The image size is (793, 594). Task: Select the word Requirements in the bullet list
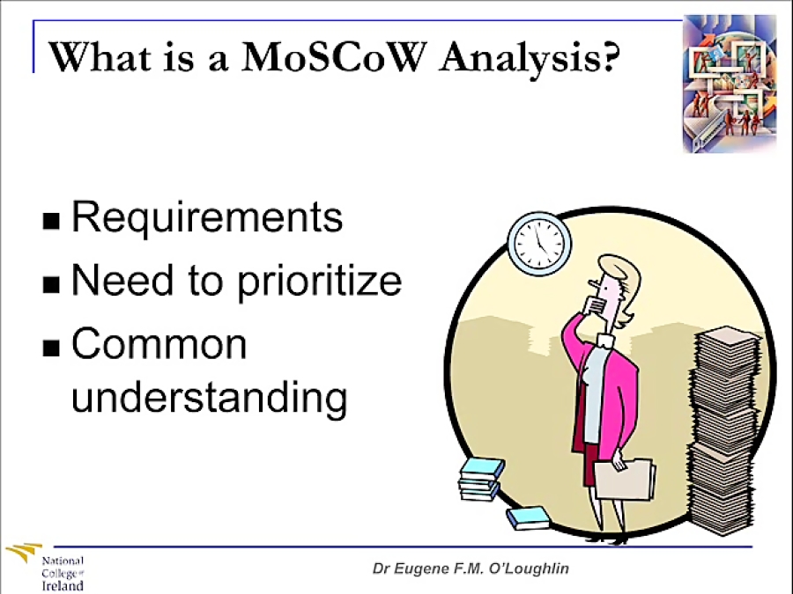tap(206, 217)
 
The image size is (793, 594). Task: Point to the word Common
tap(159, 344)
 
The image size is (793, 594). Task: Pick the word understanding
tap(209, 397)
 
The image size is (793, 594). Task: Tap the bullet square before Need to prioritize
tap(52, 283)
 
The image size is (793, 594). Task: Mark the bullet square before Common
tap(52, 347)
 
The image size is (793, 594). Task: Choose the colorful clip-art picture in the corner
tap(730, 84)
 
